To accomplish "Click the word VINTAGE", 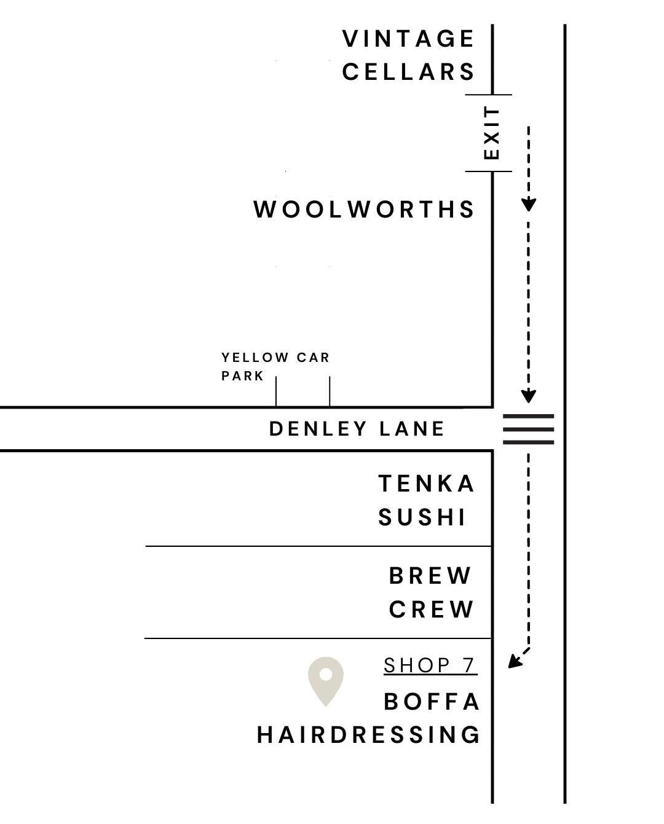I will tap(408, 39).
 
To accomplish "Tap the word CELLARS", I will tap(408, 72).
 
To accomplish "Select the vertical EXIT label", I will tap(492, 133).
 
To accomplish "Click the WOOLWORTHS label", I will tap(364, 210).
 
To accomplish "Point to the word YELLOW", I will tap(255, 358).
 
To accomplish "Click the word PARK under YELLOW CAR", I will tap(243, 376).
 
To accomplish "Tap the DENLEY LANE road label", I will tap(357, 429).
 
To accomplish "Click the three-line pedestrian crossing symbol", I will tap(529, 429).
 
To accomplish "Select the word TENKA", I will tap(427, 484).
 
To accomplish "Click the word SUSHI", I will tap(422, 518).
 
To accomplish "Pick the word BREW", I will tap(430, 576).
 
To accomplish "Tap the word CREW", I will tap(432, 610).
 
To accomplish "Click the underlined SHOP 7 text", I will tap(430, 665).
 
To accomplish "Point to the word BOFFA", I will tap(432, 702).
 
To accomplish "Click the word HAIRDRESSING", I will tap(368, 735).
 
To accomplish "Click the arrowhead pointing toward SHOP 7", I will tap(515, 662).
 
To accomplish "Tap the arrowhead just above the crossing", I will tap(529, 396).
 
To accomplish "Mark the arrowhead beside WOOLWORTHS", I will tap(529, 205).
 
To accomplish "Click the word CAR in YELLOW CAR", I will tap(314, 358).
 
